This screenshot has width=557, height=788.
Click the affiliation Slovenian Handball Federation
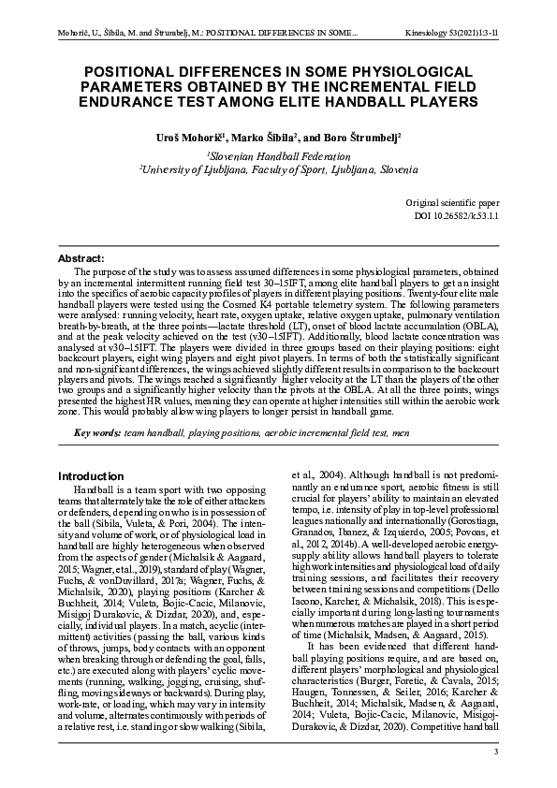[279, 156]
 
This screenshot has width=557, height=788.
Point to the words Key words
[96, 432]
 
